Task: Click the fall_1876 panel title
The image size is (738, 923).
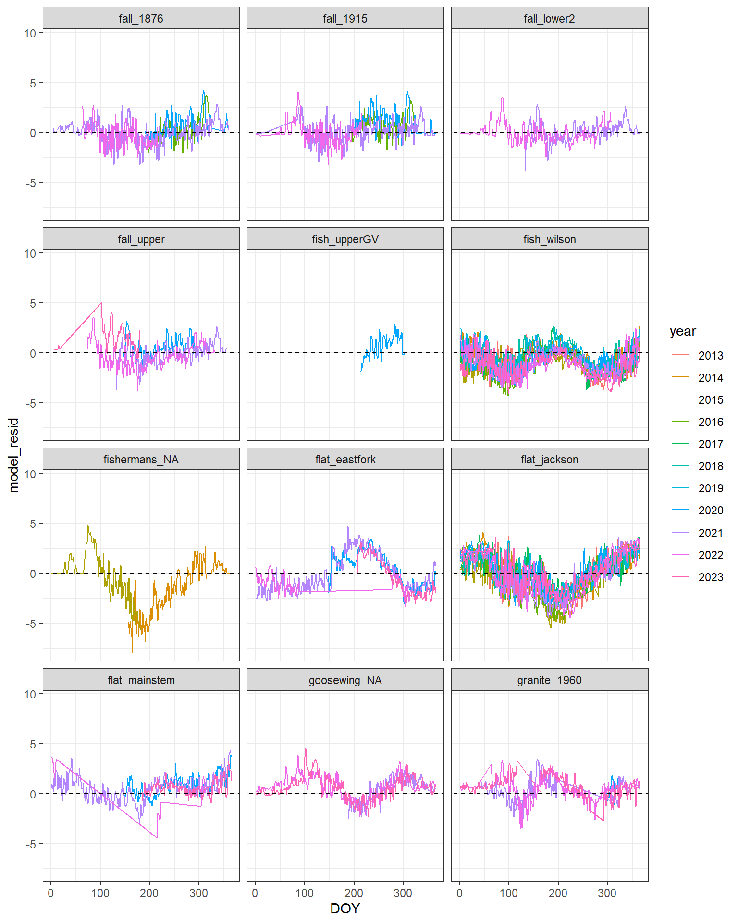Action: tap(141, 19)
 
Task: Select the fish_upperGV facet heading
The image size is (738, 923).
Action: tap(345, 239)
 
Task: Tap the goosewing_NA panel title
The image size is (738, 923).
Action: tap(345, 680)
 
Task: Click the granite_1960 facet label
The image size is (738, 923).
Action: tap(549, 680)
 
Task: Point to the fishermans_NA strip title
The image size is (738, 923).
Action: tap(141, 460)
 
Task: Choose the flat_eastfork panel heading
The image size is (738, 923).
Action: tap(345, 460)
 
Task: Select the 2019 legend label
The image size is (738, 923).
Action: tap(710, 488)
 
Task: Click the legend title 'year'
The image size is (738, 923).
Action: tap(682, 331)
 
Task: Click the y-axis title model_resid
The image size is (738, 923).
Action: tap(13, 455)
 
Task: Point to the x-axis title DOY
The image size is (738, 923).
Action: tap(345, 909)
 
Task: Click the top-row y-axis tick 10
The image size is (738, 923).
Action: tap(30, 33)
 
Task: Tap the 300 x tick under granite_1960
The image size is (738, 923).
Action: tap(607, 893)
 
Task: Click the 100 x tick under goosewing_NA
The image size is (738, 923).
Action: tap(305, 893)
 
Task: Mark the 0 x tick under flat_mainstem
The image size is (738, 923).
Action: tap(51, 893)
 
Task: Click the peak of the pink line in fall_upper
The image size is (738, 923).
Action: tap(101, 303)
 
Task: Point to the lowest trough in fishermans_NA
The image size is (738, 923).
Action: tap(132, 652)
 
